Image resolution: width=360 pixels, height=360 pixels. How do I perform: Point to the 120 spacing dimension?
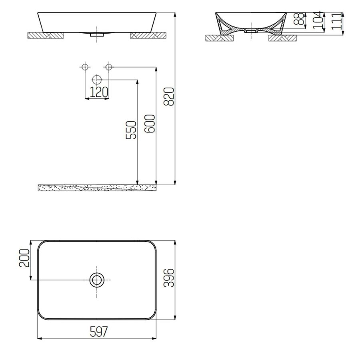[x=98, y=92]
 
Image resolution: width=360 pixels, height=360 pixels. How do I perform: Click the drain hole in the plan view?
[x=97, y=280]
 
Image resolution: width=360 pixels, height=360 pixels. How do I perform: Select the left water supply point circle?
[x=85, y=66]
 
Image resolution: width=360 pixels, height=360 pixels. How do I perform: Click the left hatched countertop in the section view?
[x=219, y=38]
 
